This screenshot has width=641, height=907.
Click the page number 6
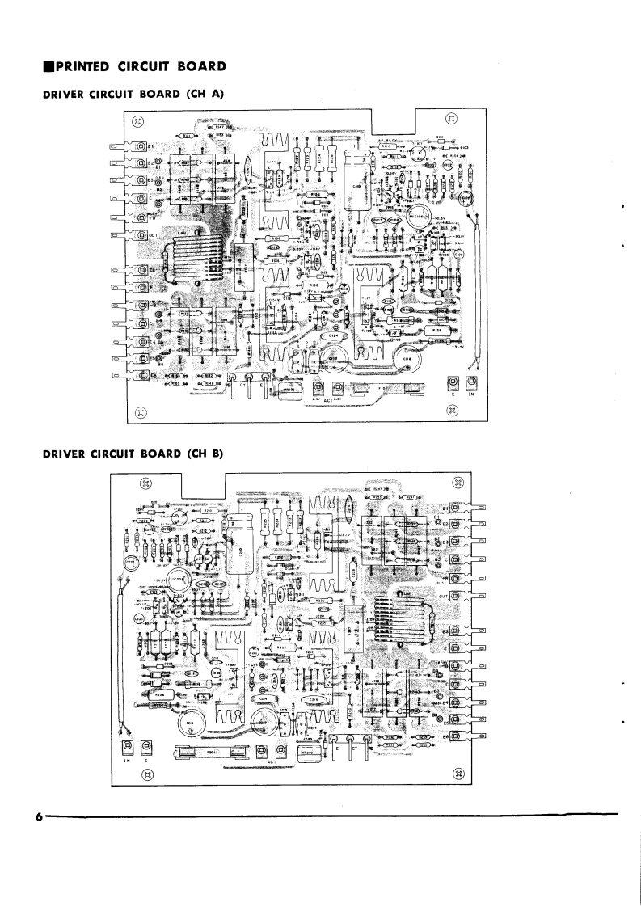[x=38, y=817]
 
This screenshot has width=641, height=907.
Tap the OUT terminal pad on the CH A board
[x=141, y=236]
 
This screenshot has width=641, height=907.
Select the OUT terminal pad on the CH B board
[x=455, y=596]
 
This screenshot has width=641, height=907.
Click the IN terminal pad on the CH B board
[x=127, y=745]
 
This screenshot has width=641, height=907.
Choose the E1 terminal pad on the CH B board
[x=455, y=507]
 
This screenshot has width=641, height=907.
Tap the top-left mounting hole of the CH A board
[x=137, y=120]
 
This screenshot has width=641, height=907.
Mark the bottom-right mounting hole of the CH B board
[x=459, y=774]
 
